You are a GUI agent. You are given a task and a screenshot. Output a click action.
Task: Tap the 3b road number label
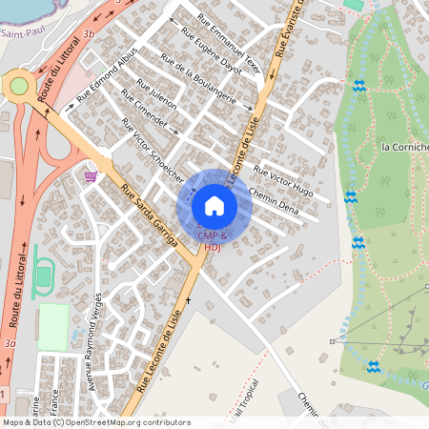tap(89, 32)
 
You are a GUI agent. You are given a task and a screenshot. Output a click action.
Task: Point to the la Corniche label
tap(404, 147)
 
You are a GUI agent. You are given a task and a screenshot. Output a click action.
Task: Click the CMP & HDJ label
tap(213, 240)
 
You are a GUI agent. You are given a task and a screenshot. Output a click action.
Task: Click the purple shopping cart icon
tap(91, 175)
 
